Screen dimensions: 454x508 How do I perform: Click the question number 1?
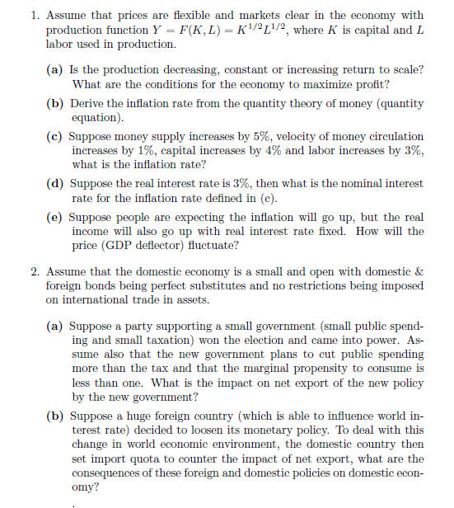[x=33, y=15]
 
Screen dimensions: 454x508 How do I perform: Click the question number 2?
[x=33, y=272]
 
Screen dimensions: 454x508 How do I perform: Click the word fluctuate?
[x=217, y=246]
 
